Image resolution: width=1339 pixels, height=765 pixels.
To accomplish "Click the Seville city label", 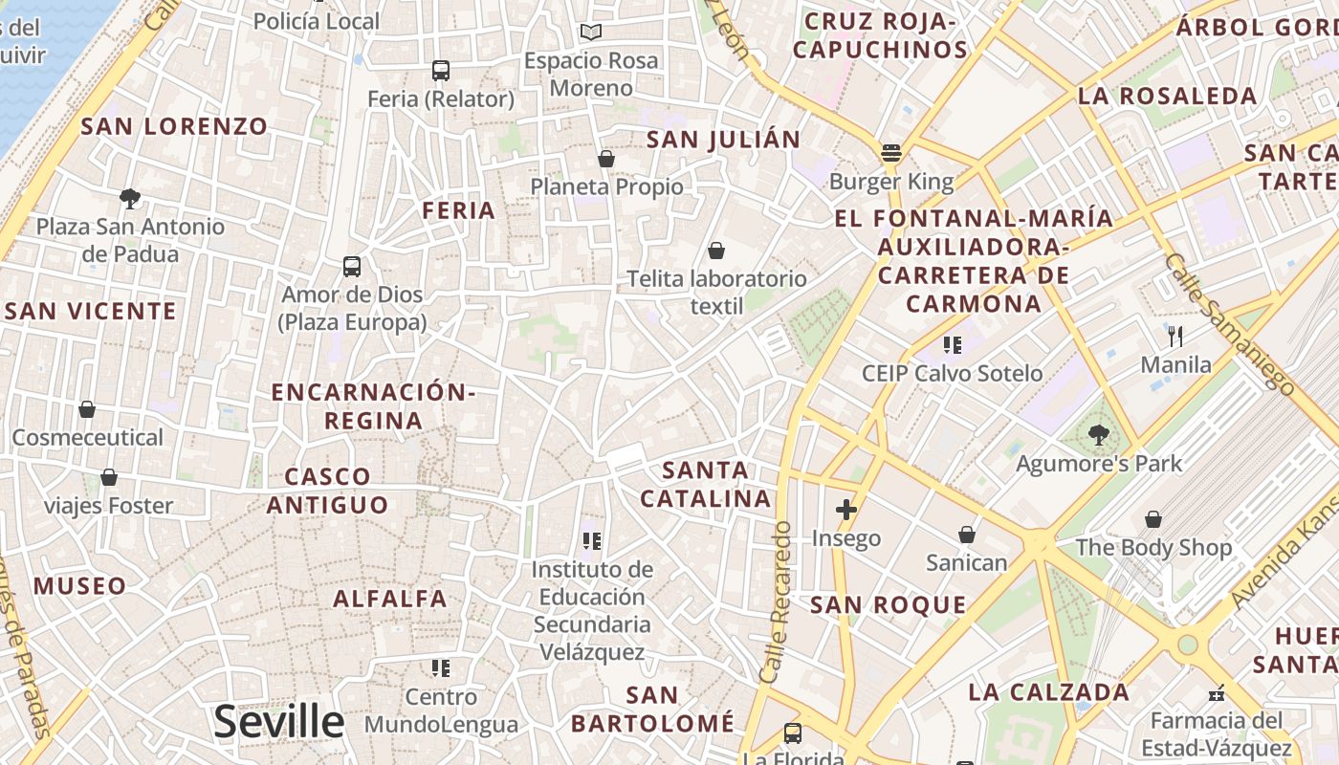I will [x=278, y=721].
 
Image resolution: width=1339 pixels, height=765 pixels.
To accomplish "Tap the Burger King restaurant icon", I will [x=891, y=153].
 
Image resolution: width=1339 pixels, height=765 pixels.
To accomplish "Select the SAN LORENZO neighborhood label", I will [x=174, y=126].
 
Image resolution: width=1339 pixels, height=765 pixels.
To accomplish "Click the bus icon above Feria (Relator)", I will [x=441, y=70].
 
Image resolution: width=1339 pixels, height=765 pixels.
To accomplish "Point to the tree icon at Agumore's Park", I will [x=1099, y=436].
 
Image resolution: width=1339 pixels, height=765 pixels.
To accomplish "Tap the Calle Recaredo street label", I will [x=777, y=601].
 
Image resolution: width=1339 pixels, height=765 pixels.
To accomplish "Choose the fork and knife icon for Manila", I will [x=1175, y=336].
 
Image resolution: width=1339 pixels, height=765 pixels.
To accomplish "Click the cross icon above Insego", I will [x=845, y=510].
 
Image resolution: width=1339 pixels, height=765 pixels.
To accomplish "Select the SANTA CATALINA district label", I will [x=706, y=484].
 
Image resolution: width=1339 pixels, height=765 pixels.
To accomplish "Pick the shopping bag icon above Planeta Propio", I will [x=606, y=158].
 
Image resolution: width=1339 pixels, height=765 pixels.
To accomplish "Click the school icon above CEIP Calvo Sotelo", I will [x=952, y=344].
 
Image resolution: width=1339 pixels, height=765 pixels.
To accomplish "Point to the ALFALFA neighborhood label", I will [x=390, y=599].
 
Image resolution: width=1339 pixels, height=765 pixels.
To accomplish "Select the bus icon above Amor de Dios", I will [x=352, y=266].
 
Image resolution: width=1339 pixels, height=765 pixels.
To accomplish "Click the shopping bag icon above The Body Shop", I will [x=1153, y=519].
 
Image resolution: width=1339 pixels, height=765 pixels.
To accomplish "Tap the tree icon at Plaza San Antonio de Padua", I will [x=130, y=198].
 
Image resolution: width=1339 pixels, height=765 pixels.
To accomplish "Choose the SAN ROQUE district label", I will [x=889, y=604].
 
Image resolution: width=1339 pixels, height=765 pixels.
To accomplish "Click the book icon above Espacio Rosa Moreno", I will [x=591, y=33].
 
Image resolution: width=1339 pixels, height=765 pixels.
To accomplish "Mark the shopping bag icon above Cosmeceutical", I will [x=87, y=409].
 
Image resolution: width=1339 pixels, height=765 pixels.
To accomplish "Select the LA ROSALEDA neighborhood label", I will [x=1167, y=96].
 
